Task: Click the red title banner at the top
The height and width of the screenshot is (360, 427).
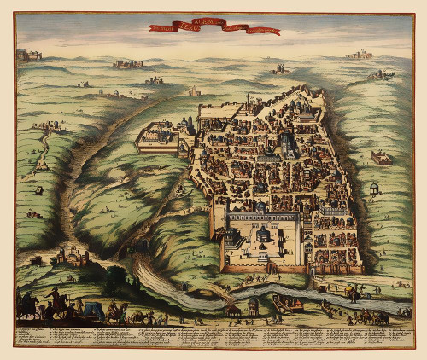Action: click(213, 28)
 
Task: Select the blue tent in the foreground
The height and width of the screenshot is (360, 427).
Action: click(91, 311)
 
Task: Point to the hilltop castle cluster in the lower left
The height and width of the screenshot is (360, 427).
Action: click(73, 255)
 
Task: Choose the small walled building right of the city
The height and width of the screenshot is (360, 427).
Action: click(381, 157)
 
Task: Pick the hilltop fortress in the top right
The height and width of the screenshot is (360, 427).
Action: click(359, 55)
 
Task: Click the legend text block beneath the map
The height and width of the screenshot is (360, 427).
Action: click(213, 337)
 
